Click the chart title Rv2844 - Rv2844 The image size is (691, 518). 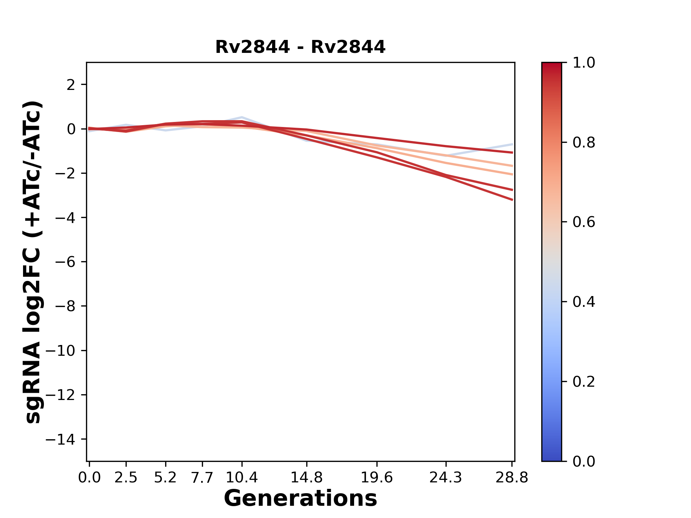click(300, 47)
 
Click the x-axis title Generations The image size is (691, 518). click(300, 499)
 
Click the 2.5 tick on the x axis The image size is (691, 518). click(126, 478)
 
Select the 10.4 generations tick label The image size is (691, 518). click(242, 478)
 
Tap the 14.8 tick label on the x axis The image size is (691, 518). click(307, 478)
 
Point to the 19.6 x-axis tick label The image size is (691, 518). click(377, 478)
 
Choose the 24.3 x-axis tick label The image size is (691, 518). click(446, 478)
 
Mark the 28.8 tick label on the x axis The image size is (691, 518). click(512, 478)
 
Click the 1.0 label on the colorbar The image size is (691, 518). click(584, 63)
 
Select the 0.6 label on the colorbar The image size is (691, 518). click(584, 222)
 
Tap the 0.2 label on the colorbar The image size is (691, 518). click(584, 382)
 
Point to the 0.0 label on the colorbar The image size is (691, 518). click(584, 462)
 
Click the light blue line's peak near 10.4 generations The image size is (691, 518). click(242, 117)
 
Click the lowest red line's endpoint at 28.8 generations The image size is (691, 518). click(512, 200)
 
